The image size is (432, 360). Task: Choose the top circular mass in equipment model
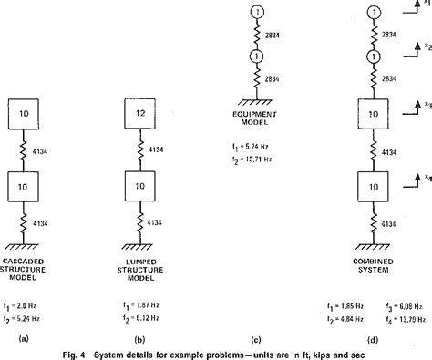[x=259, y=13]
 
